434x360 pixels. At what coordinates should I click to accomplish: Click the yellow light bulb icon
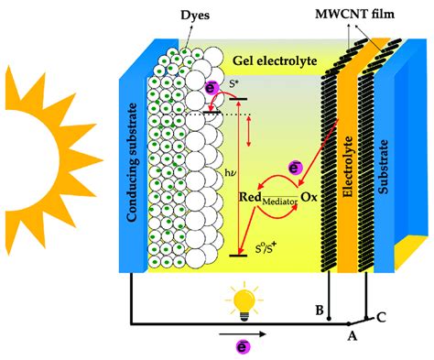tap(244, 299)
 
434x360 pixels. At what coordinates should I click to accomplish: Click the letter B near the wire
tap(319, 311)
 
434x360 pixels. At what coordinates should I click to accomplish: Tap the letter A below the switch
tap(350, 336)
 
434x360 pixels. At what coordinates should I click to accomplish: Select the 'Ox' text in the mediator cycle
tap(309, 196)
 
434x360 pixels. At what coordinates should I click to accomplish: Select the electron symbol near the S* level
tap(210, 88)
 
